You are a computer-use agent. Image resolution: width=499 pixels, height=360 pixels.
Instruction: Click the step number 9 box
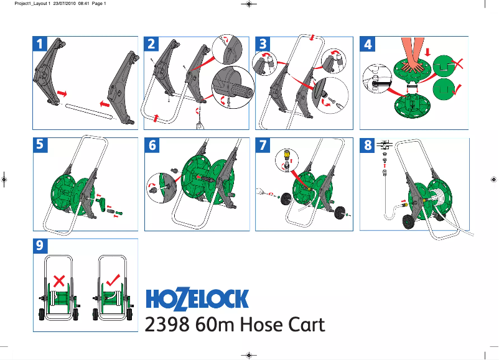point(40,246)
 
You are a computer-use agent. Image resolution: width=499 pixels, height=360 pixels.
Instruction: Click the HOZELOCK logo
point(197,298)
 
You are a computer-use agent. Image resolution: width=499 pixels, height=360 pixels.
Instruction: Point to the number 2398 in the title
point(167,325)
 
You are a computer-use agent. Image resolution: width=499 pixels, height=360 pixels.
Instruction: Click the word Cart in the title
point(304,325)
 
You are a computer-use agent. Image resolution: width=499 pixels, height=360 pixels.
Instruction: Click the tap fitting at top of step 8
point(383,143)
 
